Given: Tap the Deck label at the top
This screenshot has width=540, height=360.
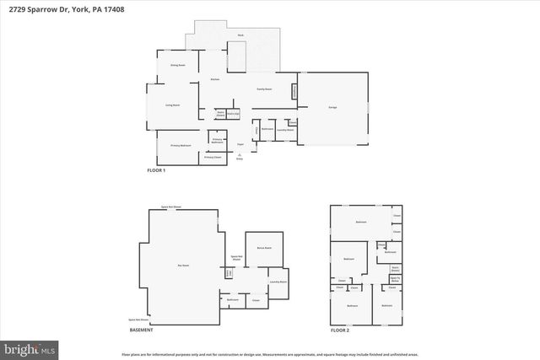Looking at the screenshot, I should pos(240,35).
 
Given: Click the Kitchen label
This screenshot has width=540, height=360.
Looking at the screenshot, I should pos(215,80).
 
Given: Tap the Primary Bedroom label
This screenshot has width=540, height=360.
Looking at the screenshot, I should pos(181,145).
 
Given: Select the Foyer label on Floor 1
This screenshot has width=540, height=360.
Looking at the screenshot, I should pos(240,145).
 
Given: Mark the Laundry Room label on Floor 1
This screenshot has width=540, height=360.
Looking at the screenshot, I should pos(285,130).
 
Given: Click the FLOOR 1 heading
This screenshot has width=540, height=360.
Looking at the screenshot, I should pos(157,171).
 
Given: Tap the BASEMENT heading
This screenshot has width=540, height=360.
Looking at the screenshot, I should pos(141,330).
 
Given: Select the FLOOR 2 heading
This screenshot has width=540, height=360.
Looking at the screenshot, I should pos(339,330).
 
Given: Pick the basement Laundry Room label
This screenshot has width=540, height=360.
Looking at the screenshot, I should pos(278,282).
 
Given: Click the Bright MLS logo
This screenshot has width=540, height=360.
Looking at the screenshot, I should pos(30,347).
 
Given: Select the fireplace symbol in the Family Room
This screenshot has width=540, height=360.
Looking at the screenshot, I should pos(294,91).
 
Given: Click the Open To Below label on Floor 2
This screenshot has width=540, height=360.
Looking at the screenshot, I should pos(394,278).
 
